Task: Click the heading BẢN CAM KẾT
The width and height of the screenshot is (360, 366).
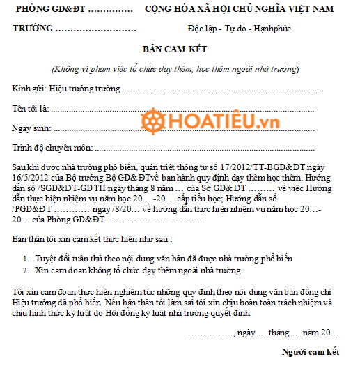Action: [180, 51]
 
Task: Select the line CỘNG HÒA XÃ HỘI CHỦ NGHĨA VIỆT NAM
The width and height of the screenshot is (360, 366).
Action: [239, 9]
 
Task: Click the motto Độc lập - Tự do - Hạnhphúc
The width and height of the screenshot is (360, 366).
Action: [239, 31]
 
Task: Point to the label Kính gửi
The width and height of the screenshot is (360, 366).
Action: [26, 90]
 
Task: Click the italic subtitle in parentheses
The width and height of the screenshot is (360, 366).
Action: [175, 69]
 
